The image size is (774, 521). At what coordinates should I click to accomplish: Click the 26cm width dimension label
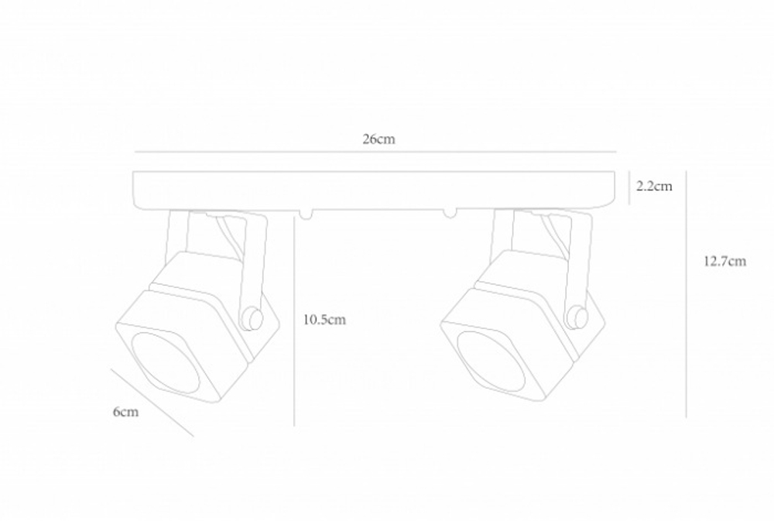pos(378,139)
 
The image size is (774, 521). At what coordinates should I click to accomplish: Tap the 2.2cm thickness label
pos(654,187)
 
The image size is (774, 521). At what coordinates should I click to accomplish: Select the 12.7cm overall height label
pos(724,262)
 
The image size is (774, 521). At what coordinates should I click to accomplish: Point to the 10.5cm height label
pos(324,320)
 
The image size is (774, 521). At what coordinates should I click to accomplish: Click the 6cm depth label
pos(125,412)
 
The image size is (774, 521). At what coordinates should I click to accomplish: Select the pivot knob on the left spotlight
pos(249,317)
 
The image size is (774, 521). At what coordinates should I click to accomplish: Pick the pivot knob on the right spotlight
pos(575,316)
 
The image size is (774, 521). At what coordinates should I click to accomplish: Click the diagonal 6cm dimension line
pos(152,402)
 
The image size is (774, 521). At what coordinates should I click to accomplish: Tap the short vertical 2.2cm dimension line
pos(629,188)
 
